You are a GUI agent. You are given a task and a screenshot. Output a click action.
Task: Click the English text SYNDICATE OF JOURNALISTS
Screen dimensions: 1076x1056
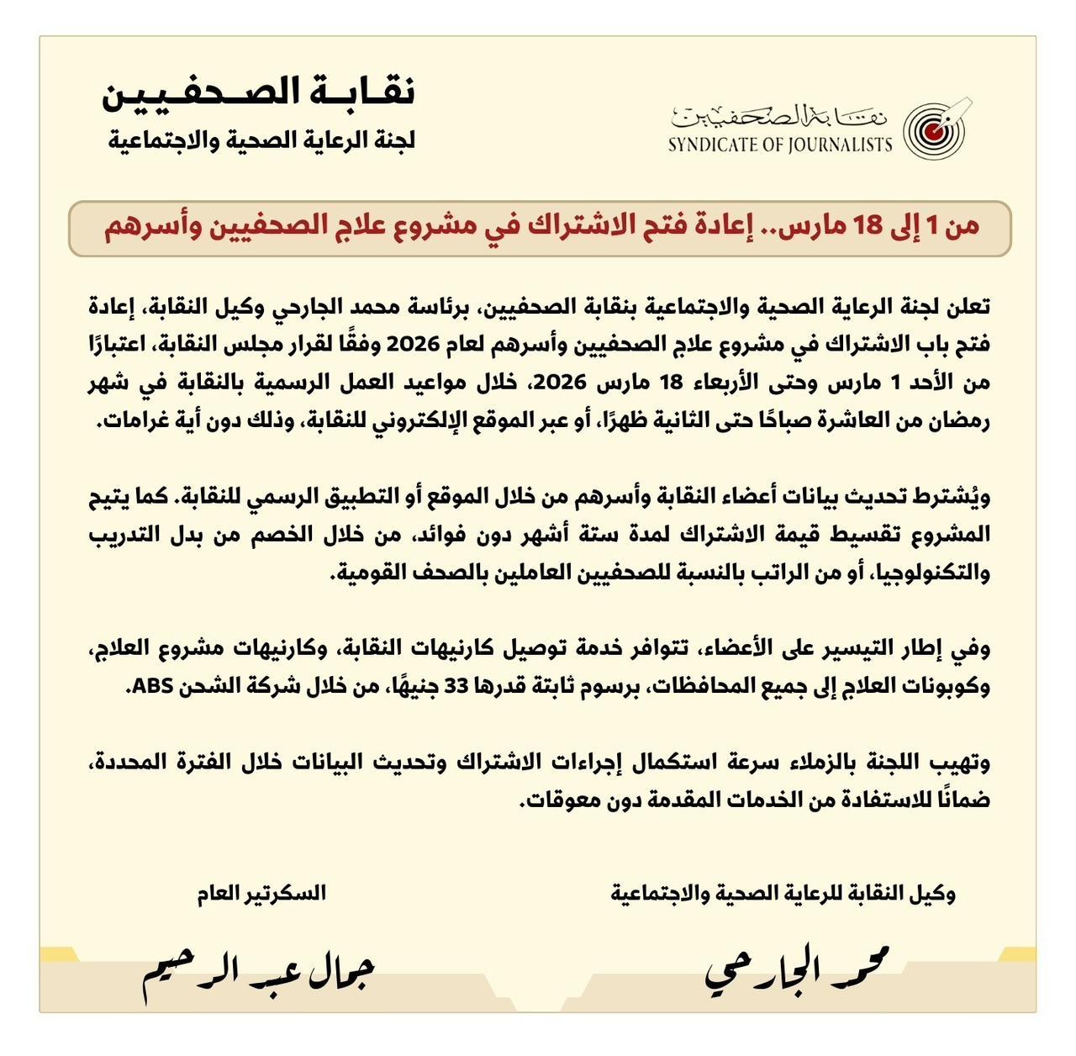pos(780,145)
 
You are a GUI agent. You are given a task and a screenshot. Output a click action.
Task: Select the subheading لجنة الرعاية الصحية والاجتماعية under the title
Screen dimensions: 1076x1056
pos(261,140)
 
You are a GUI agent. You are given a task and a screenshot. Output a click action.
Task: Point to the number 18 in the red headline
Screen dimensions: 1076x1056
pos(871,227)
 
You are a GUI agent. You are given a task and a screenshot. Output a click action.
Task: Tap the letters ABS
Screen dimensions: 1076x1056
pos(154,686)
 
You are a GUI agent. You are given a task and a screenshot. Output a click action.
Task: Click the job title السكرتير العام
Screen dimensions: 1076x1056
pos(261,893)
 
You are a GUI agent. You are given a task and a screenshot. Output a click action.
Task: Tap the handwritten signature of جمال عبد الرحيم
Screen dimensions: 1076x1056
pos(257,973)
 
